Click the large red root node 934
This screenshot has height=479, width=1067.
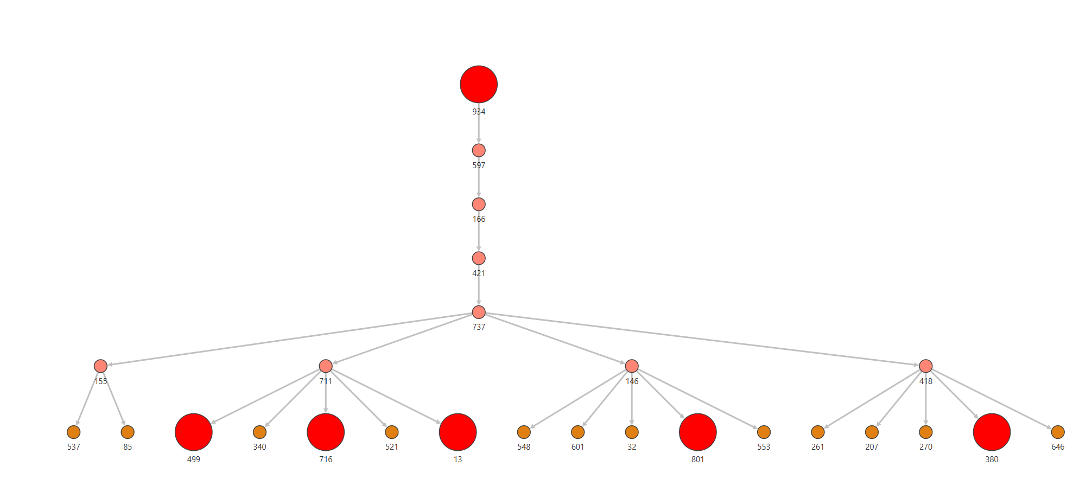[479, 84]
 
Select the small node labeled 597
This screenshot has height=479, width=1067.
[479, 150]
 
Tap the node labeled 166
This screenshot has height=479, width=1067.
[479, 204]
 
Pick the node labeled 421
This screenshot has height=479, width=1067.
[479, 258]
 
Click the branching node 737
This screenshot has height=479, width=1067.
[479, 312]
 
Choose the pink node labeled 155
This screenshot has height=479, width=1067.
[100, 366]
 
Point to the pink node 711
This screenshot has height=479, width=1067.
[326, 366]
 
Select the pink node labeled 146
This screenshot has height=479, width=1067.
[632, 366]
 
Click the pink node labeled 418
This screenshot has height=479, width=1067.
[926, 366]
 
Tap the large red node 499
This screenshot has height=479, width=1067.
[194, 432]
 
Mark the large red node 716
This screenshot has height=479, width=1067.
[326, 432]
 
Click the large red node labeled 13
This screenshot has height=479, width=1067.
[458, 432]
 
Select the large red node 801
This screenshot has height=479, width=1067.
[698, 432]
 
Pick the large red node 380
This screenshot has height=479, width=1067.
[992, 432]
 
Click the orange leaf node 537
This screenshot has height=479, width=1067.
[74, 432]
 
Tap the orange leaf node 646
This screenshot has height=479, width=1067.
[1058, 432]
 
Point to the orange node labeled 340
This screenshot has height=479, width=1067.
[260, 432]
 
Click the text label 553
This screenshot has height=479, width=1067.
[764, 447]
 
